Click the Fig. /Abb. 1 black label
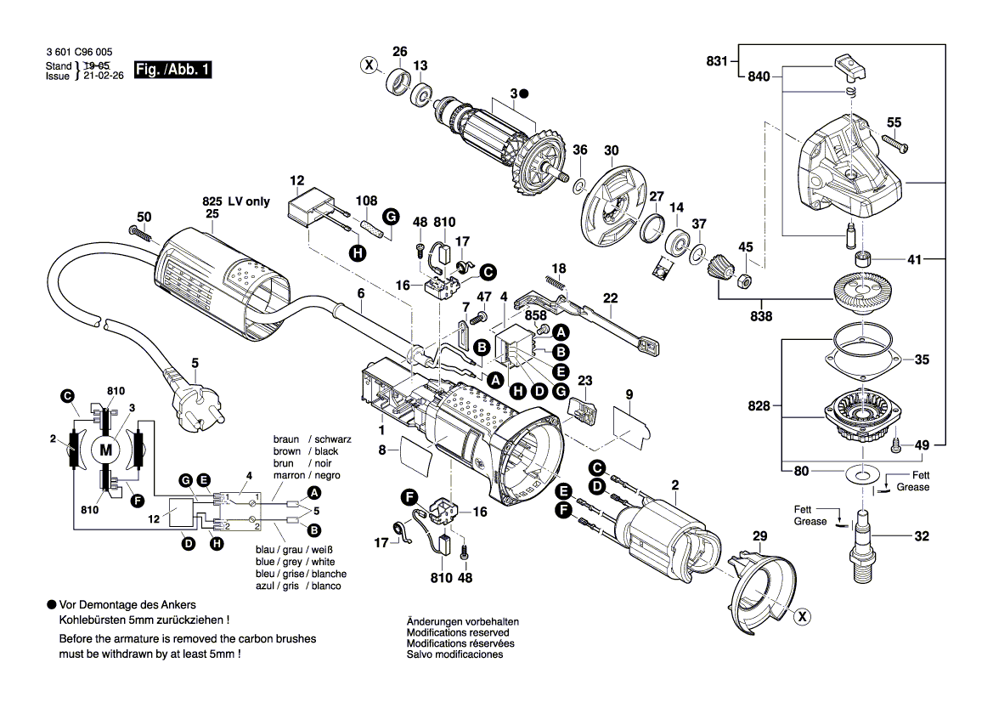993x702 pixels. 172,71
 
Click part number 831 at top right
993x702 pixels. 718,60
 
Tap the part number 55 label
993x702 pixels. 894,122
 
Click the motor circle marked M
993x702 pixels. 106,450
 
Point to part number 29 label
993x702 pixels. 759,535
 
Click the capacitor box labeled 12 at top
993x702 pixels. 311,209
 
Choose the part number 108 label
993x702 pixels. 366,201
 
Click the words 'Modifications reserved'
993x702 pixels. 458,632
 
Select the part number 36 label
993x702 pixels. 579,150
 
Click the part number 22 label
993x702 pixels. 611,297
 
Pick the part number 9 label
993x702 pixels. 629,393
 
